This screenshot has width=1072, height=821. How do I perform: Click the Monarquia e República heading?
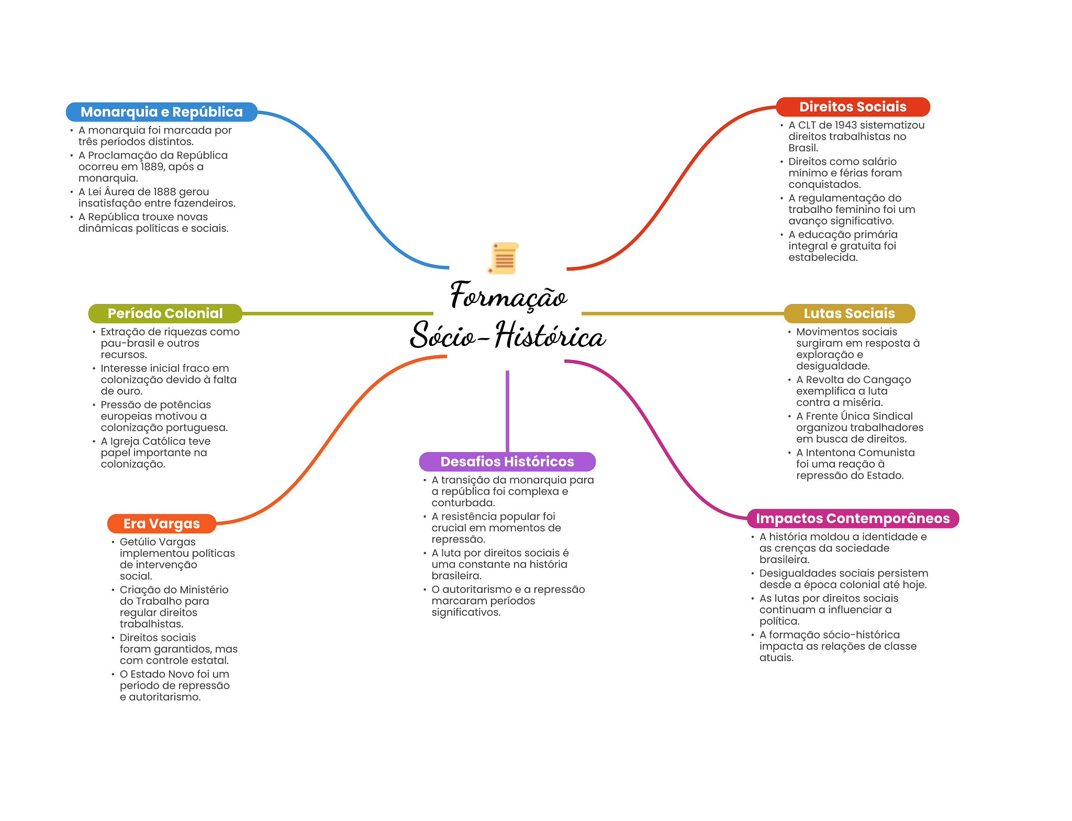pos(161,112)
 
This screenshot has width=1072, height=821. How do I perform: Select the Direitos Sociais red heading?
pos(852,107)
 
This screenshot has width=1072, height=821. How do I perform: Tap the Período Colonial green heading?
pos(165,313)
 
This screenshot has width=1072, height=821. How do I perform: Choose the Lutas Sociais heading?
pos(849,313)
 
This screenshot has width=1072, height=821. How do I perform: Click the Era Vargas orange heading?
pos(161,523)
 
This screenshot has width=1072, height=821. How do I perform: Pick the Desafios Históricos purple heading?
pos(507,462)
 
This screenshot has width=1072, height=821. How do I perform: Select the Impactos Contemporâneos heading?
pos(852,519)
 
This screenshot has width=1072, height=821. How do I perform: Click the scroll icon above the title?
pos(504,258)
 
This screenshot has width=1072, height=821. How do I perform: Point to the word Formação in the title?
pos(508,297)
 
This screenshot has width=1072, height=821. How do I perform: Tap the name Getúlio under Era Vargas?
pos(138,542)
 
